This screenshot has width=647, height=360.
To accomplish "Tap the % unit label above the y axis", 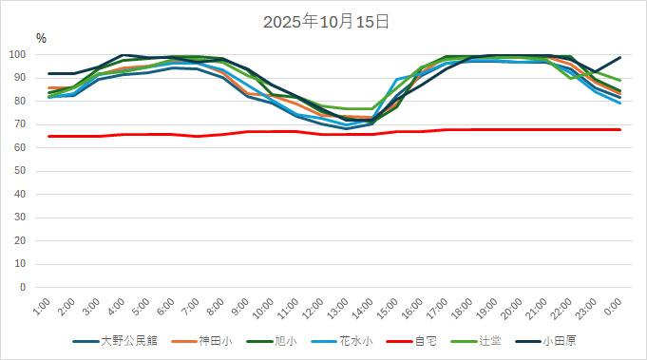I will (41, 38).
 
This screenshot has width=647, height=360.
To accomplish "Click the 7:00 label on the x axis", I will (190, 306).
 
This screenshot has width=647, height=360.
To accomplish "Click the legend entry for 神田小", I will (217, 340).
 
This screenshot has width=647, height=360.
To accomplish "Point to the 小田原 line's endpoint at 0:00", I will (620, 57).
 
